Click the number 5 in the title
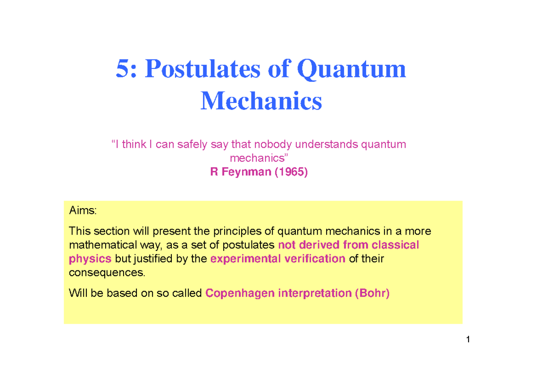click(124, 69)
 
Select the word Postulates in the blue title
click(203, 69)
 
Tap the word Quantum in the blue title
click(351, 69)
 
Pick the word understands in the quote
click(326, 144)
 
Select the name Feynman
click(246, 172)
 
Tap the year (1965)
click(291, 172)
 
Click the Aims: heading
click(83, 210)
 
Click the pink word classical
click(395, 245)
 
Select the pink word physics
click(90, 259)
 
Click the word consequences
click(107, 273)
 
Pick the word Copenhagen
click(240, 293)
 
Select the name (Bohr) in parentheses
click(372, 293)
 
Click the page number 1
click(468, 339)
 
